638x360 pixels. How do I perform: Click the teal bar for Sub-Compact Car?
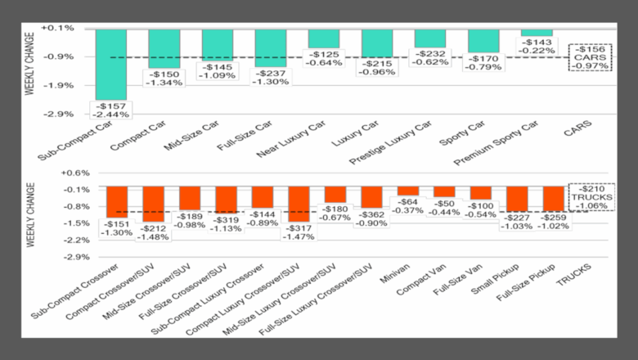click(110, 64)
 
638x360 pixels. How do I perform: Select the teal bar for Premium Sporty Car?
click(537, 33)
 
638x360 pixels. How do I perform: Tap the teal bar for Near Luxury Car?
click(323, 38)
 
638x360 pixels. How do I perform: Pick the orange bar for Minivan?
click(407, 191)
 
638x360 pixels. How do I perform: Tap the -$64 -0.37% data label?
click(407, 206)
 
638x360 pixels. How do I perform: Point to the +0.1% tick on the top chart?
click(62, 29)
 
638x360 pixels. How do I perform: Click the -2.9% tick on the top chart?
click(62, 114)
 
